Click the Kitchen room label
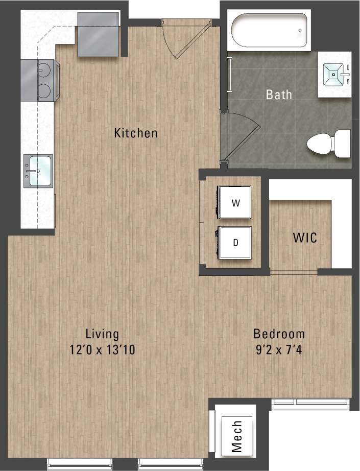click(135, 133)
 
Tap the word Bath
click(279, 95)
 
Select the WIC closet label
click(304, 238)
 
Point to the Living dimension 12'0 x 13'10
click(102, 350)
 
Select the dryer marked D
click(235, 243)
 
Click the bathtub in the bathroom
click(270, 30)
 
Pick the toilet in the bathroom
click(329, 144)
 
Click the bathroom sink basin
click(334, 75)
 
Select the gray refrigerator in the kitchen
click(99, 34)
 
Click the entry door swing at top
click(179, 38)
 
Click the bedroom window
click(310, 403)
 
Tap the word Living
click(102, 334)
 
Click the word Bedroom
click(279, 334)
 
